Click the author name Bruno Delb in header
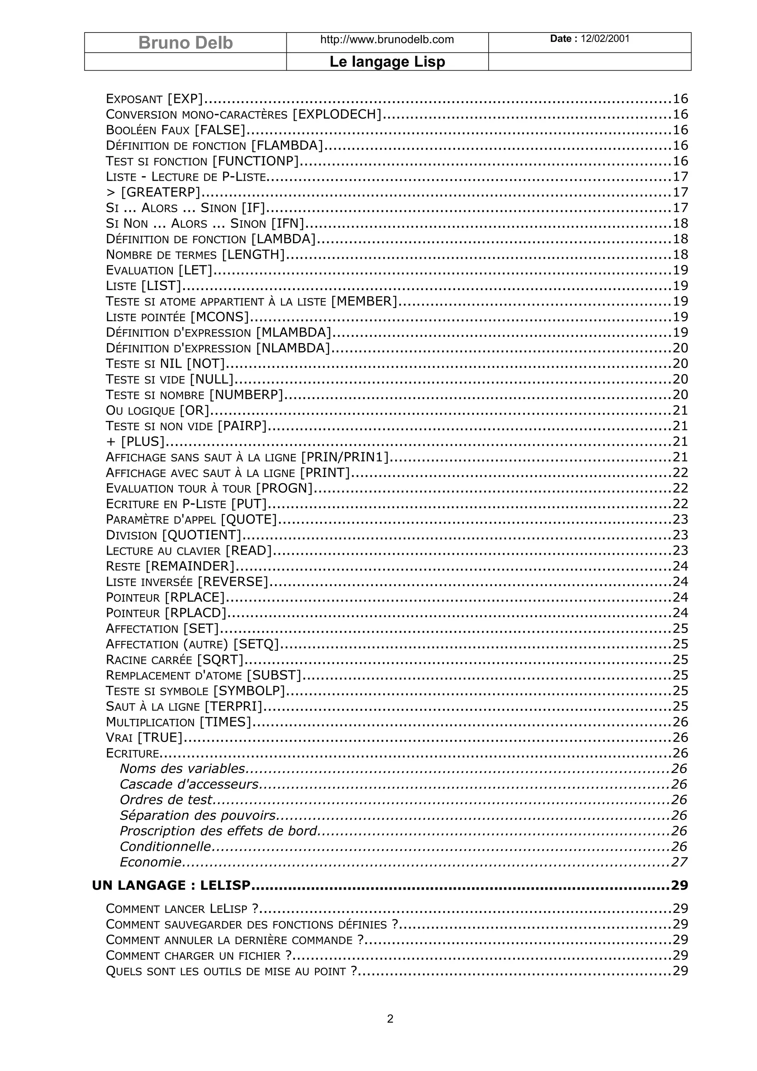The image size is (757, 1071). click(x=185, y=43)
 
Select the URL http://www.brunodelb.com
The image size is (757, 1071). click(x=387, y=40)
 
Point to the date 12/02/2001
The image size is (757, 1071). click(x=605, y=39)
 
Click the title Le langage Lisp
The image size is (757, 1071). click(x=387, y=62)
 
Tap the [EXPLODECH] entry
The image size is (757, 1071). click(x=337, y=114)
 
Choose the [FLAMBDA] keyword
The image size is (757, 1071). click(x=287, y=146)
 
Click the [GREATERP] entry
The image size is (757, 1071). click(x=160, y=192)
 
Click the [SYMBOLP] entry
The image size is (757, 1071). click(x=249, y=691)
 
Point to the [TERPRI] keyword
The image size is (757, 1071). click(x=234, y=706)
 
